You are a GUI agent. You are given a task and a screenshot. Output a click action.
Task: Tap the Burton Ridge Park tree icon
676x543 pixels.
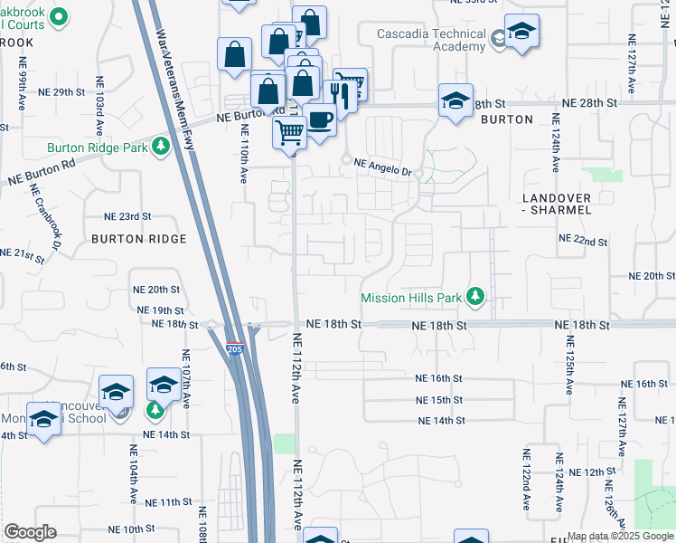tap(161, 146)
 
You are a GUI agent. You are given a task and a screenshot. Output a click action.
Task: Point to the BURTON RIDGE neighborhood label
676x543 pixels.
tap(139, 239)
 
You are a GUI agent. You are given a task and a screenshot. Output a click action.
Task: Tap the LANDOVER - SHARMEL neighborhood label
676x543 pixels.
tap(557, 204)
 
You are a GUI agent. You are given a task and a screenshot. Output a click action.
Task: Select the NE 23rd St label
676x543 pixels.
tap(127, 217)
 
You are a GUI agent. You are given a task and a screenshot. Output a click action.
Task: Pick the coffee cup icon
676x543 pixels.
tap(318, 119)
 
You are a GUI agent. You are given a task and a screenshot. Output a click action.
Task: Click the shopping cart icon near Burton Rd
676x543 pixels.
tap(289, 133)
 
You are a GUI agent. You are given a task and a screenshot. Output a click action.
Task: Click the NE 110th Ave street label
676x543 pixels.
tap(244, 152)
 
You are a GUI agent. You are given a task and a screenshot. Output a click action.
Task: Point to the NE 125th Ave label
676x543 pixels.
tap(570, 364)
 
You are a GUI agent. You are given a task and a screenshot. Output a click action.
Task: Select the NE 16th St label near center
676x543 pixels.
tap(439, 378)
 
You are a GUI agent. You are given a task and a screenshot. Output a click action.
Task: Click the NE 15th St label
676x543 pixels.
tap(439, 400)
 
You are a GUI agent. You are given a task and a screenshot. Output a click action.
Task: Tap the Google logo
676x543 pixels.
tap(30, 532)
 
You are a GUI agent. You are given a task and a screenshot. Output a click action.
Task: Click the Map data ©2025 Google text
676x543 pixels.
tap(619, 536)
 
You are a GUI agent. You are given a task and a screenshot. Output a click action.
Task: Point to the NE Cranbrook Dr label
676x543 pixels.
tap(44, 217)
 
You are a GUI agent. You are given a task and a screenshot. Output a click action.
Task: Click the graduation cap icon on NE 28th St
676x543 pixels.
tap(455, 100)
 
